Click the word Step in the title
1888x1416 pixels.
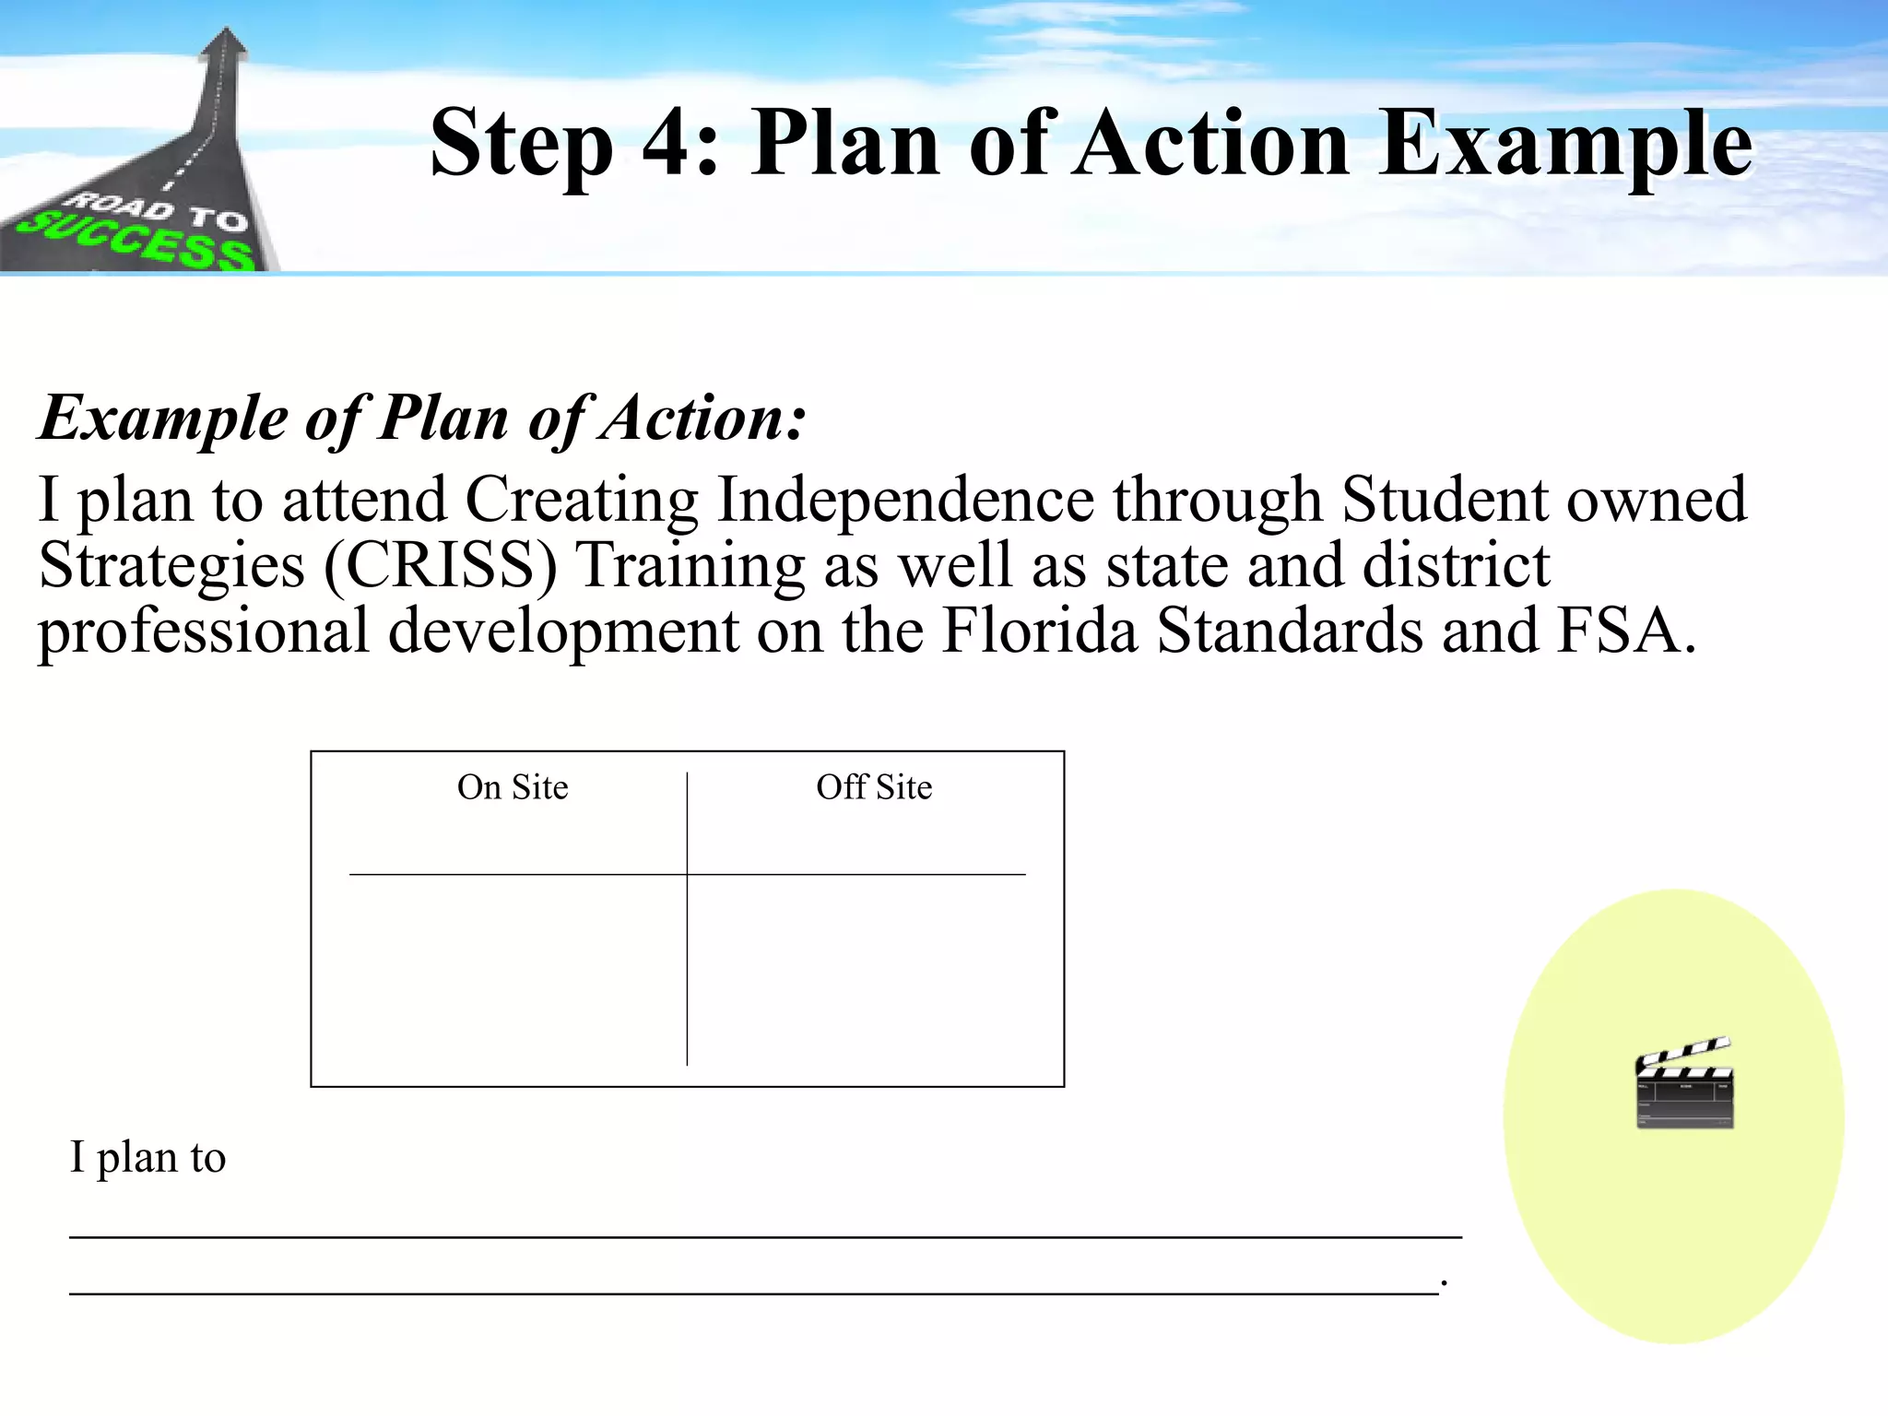(522, 144)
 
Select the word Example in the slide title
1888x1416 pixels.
(1565, 144)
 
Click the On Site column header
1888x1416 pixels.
(513, 787)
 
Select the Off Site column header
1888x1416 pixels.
(874, 787)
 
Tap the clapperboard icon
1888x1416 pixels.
(1684, 1082)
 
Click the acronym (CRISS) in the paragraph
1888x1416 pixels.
(441, 565)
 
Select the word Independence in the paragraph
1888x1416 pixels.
(905, 500)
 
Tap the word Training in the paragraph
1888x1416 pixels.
(690, 565)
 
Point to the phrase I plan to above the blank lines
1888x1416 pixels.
(147, 1157)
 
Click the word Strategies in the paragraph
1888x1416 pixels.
(171, 565)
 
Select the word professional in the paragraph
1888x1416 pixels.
(203, 632)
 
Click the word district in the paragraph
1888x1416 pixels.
(1457, 565)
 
